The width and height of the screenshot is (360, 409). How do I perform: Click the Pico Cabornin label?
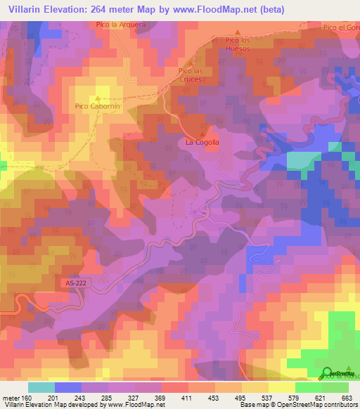pos(97,107)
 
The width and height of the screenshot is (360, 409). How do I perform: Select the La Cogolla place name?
pos(202,142)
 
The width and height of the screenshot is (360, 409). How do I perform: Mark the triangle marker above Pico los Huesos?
pos(238,32)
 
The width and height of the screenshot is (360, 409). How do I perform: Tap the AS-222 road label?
pos(70,282)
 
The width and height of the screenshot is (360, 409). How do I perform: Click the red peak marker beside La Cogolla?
pos(204,134)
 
